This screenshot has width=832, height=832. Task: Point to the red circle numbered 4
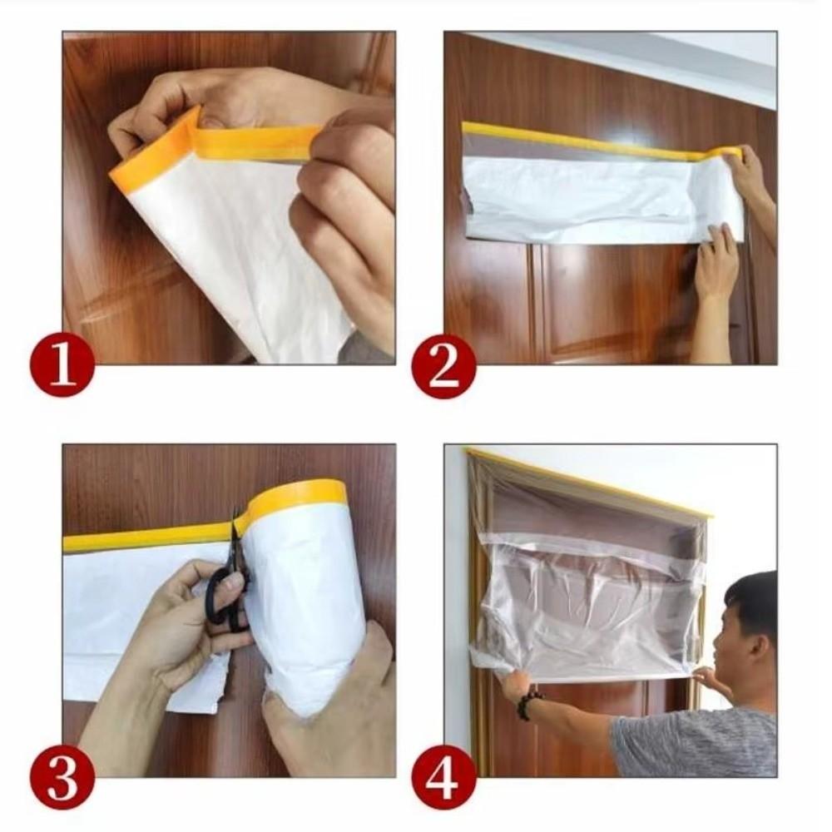click(x=443, y=777)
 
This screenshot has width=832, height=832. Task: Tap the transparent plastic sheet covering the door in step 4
click(x=591, y=599)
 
